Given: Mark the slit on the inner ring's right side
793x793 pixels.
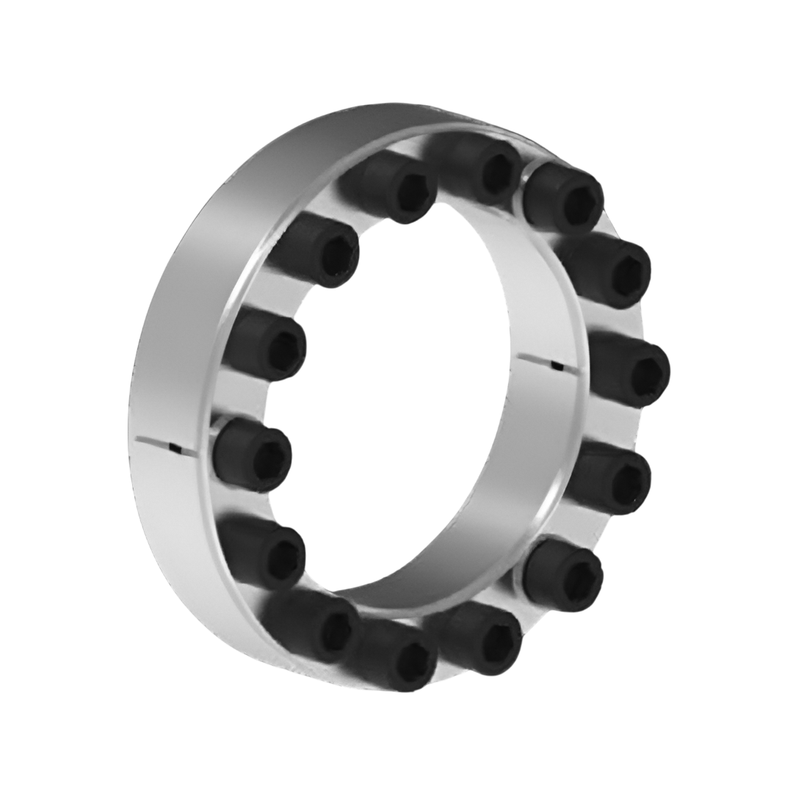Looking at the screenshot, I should click(x=540, y=361).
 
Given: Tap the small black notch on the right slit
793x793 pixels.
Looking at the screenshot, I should click(x=559, y=365).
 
